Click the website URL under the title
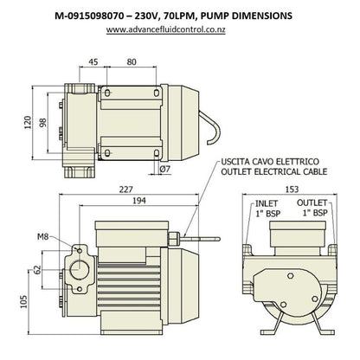click(179, 29)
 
